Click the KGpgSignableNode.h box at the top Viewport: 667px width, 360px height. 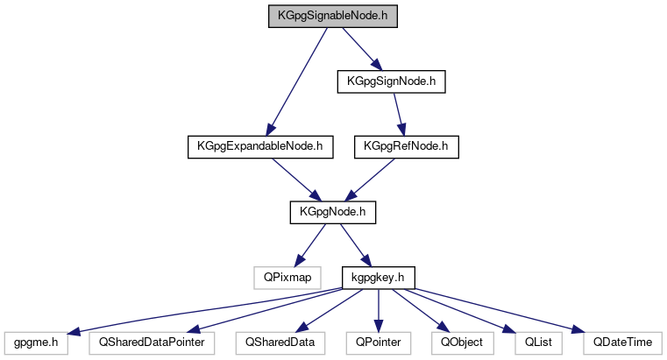(333, 16)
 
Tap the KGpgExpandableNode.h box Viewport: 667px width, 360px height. (261, 146)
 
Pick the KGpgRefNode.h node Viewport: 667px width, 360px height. (407, 146)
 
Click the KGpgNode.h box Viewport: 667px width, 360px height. (326, 211)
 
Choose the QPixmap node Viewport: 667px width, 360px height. (281, 277)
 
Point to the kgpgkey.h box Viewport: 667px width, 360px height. (377, 277)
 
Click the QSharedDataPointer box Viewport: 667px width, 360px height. (152, 342)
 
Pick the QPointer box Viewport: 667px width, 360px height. (378, 342)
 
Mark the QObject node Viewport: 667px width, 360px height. (458, 342)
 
